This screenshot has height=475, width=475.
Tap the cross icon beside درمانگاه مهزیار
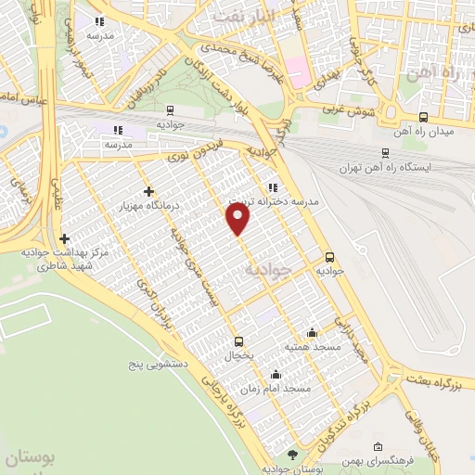(148, 191)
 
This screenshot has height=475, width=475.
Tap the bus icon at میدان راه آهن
(424, 117)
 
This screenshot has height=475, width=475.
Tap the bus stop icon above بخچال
(239, 341)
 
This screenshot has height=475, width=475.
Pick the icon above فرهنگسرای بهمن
(377, 448)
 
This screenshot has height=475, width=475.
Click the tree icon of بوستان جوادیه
(293, 454)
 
